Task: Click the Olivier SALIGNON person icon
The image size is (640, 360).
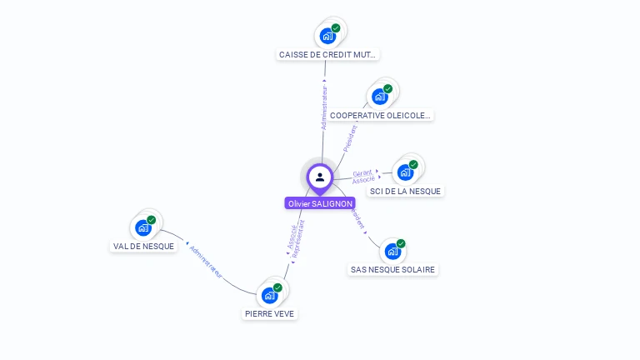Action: pyautogui.click(x=320, y=177)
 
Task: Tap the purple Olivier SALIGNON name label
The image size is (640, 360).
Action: pyautogui.click(x=320, y=203)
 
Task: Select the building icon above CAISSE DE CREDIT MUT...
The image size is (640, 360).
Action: pyautogui.click(x=327, y=35)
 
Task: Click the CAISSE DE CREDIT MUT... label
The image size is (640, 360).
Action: pyautogui.click(x=327, y=55)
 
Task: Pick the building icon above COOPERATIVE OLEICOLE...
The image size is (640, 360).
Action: pyautogui.click(x=379, y=96)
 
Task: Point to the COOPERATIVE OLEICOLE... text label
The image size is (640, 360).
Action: pyautogui.click(x=380, y=116)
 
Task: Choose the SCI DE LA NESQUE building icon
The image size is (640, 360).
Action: pyautogui.click(x=405, y=172)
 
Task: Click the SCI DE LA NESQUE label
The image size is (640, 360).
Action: pyautogui.click(x=406, y=191)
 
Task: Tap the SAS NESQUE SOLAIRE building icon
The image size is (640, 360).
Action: pyautogui.click(x=392, y=250)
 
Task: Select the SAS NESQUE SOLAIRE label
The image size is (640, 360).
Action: pyautogui.click(x=393, y=270)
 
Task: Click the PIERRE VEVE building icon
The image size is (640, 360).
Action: pyautogui.click(x=269, y=294)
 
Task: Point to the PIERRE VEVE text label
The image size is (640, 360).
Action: pyautogui.click(x=269, y=314)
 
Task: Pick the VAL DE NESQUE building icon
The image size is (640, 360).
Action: pyautogui.click(x=143, y=227)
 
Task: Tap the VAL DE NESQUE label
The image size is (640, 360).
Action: pyautogui.click(x=143, y=247)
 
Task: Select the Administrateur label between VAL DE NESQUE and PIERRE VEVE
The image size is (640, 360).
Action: pyautogui.click(x=206, y=261)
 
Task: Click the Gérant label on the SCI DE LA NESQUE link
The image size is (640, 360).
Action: pyautogui.click(x=362, y=173)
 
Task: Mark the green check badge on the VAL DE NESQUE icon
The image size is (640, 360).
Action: pyautogui.click(x=151, y=220)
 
